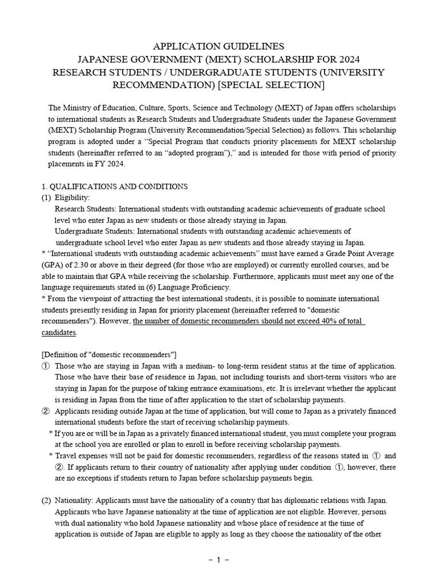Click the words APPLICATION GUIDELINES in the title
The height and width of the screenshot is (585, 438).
[218, 46]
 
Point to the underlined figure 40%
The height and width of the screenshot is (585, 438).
[314, 321]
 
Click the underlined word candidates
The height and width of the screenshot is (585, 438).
[59, 332]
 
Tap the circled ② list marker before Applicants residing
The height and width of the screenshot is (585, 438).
[45, 411]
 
